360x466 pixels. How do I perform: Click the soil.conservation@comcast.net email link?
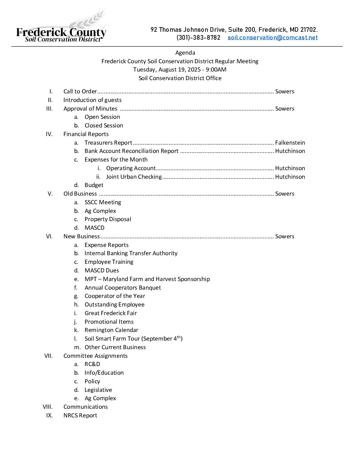272,38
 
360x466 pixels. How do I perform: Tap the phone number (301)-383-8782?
198,38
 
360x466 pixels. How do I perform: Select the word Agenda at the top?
185,53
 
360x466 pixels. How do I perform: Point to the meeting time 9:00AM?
216,70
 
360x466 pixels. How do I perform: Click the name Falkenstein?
290,143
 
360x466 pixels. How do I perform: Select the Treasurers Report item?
108,143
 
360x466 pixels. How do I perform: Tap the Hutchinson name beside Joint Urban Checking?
290,177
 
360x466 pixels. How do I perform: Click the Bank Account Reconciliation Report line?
131,151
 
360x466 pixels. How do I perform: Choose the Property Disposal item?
108,219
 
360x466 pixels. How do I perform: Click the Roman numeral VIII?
48,407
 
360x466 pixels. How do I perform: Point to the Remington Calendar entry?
111,330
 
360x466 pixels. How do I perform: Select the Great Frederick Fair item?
111,313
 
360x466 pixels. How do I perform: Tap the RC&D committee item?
92,364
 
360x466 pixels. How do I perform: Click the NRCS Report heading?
80,415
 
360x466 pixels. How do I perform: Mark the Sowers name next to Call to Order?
285,91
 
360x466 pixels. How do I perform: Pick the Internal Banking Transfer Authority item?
131,253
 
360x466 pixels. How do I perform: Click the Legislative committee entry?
98,390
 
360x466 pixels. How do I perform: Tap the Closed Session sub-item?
104,125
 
